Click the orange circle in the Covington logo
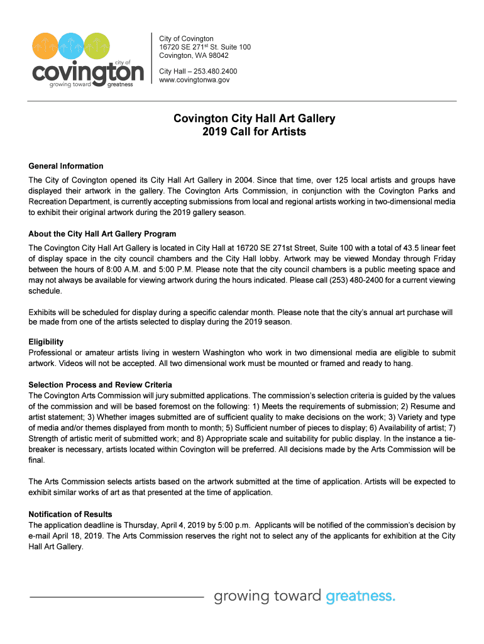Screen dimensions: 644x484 pyautogui.click(x=47, y=46)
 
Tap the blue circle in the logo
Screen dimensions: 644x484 pyautogui.click(x=72, y=46)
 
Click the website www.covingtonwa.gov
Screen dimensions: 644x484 pyautogui.click(x=194, y=80)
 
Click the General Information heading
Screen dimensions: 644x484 pyautogui.click(x=66, y=166)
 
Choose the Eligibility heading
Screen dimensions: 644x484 pyautogui.click(x=46, y=341)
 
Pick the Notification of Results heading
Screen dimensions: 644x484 pyautogui.click(x=70, y=514)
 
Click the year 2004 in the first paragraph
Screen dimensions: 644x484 pyautogui.click(x=229, y=180)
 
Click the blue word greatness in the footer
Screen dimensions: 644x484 pyautogui.click(x=360, y=596)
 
